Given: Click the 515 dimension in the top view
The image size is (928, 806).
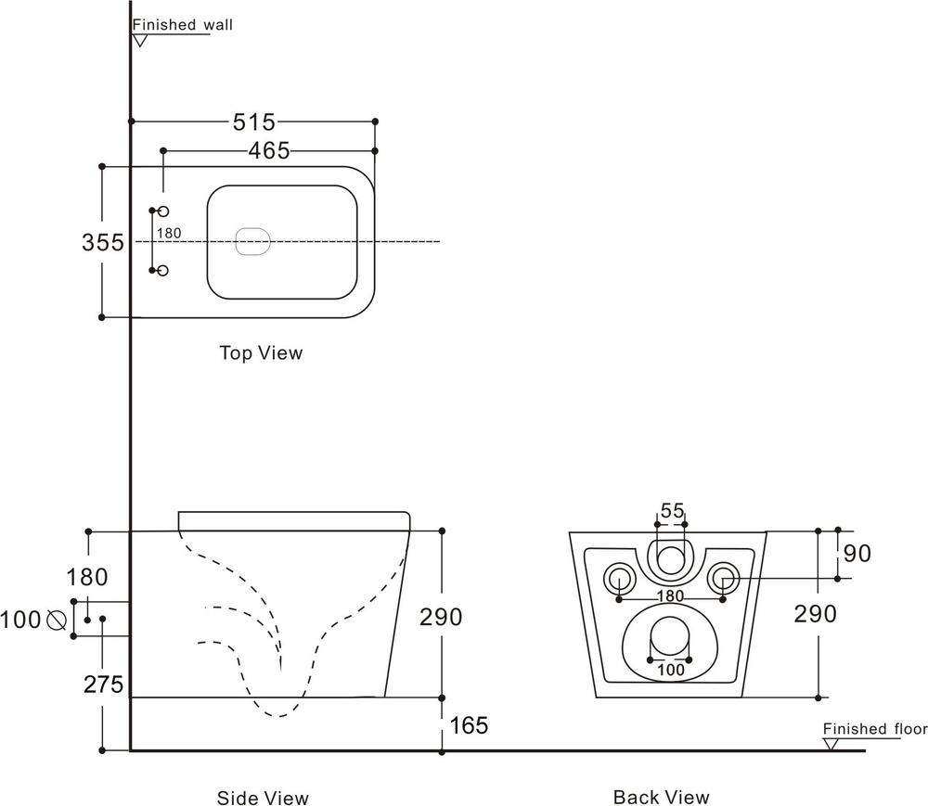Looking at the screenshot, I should (x=253, y=122).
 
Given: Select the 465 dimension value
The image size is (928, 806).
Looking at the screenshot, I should (x=269, y=150).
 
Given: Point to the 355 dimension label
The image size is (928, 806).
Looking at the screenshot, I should (x=102, y=243).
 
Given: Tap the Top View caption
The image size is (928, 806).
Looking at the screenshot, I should (x=261, y=353).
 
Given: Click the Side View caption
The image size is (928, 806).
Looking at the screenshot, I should (x=263, y=798).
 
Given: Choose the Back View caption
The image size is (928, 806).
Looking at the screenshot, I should (x=661, y=797).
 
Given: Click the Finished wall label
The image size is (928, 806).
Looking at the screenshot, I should (x=182, y=25).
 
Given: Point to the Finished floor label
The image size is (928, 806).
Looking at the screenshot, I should (x=874, y=729).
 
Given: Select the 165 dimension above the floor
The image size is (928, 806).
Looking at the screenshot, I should (x=469, y=725).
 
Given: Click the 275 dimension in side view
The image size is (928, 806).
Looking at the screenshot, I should (x=104, y=684).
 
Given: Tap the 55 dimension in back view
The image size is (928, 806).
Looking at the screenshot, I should (x=672, y=511).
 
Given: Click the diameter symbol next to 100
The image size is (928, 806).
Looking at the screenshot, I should (x=55, y=619).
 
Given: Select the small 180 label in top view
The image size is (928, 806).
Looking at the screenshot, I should (x=169, y=234).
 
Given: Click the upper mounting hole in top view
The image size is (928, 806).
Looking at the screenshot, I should (x=162, y=211).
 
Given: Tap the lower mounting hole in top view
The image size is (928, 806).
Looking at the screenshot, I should (x=162, y=271).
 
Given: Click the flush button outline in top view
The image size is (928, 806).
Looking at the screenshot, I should (x=252, y=241).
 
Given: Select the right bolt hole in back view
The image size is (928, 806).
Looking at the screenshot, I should (x=723, y=580).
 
